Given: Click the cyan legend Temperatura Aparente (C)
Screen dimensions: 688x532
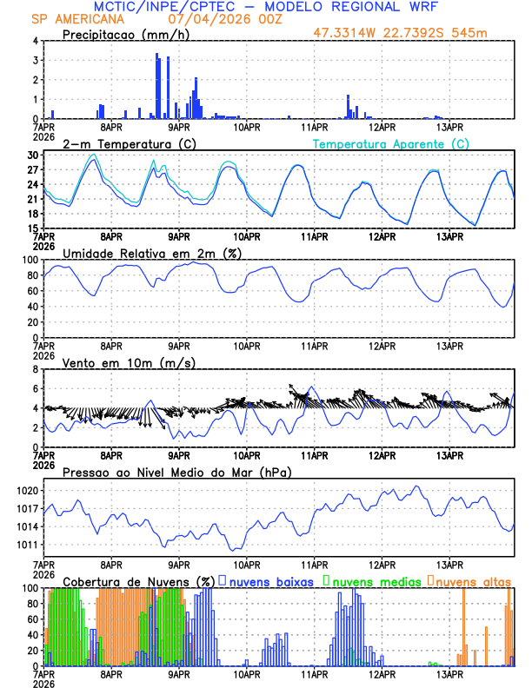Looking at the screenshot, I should coord(390,143).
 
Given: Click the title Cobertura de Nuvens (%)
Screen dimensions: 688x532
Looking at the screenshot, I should coord(138,581).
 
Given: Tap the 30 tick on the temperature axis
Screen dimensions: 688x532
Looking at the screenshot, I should coord(32,155).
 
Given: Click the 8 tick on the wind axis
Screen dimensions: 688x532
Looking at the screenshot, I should coord(36,369).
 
